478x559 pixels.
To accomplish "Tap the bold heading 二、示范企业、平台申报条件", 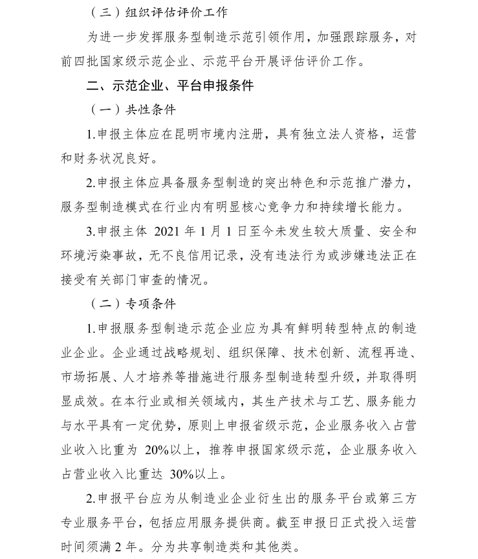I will pos(170,86).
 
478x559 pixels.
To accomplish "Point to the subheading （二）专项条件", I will pos(132,303).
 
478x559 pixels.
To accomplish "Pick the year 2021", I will pos(170,231).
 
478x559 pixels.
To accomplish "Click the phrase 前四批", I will pos(78,62).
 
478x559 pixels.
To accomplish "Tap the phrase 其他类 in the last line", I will pos(279,547).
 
